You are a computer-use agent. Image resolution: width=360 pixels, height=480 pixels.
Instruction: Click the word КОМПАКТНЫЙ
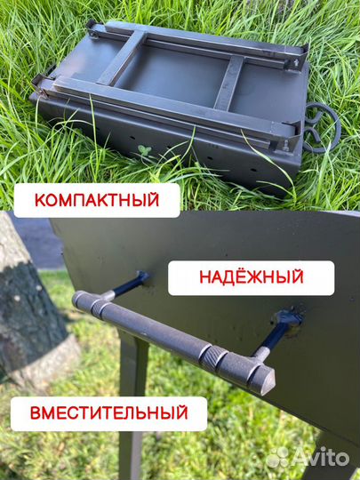(97, 200)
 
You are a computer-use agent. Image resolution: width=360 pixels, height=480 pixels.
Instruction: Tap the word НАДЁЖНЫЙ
(252, 278)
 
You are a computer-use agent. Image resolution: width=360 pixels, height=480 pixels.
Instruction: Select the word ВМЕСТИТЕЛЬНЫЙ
(108, 412)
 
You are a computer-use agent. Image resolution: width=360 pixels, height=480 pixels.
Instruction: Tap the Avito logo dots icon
(278, 457)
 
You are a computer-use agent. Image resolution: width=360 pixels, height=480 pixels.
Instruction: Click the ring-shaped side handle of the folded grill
(322, 126)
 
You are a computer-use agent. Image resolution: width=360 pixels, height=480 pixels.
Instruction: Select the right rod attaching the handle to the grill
(276, 333)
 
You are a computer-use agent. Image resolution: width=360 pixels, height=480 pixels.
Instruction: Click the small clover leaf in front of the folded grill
(145, 151)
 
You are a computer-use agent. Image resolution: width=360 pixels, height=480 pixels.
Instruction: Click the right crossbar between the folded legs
(229, 85)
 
